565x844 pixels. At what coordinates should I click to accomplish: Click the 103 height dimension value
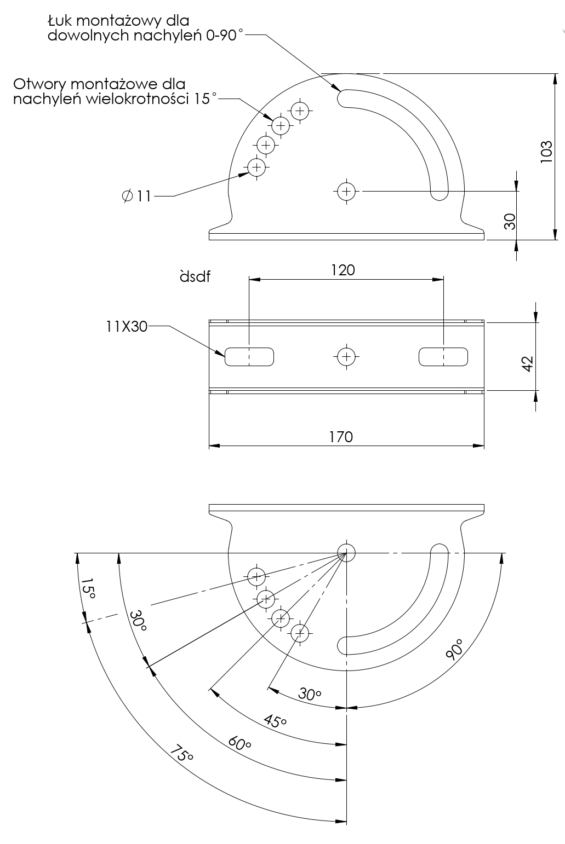pos(546,152)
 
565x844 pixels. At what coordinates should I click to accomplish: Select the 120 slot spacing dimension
pos(343,270)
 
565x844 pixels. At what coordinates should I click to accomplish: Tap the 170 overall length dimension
pos(341,437)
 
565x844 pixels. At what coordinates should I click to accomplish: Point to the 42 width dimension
pos(528,364)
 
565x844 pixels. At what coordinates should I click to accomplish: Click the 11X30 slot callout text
pos(127,326)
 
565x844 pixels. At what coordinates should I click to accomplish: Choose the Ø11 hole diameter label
pos(136,196)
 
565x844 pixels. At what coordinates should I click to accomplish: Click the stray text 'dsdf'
pos(195,276)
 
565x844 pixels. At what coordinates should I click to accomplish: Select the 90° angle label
pos(454,649)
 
